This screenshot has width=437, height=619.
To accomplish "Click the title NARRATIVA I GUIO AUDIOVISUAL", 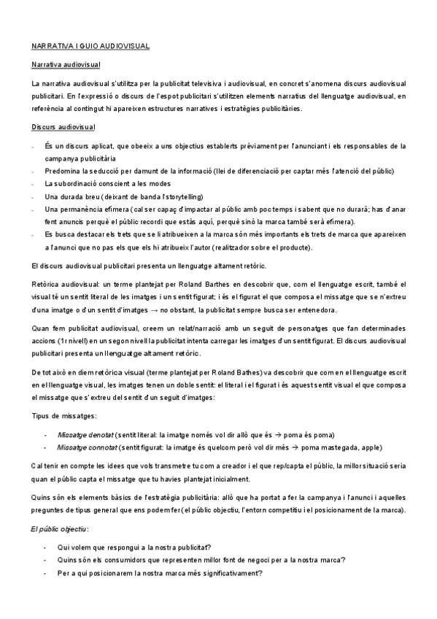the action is pos(91,46).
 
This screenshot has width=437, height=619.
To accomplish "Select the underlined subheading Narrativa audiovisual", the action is pos(65,65).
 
